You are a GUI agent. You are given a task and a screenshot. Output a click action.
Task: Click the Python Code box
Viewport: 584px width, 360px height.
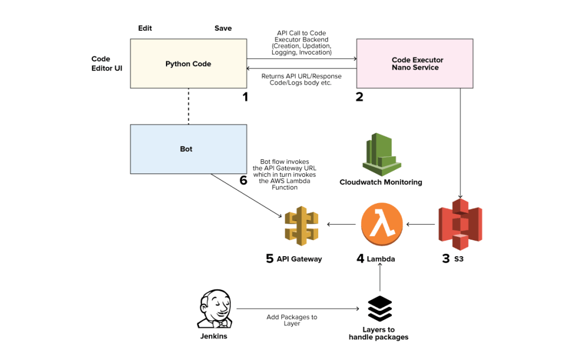tap(188, 63)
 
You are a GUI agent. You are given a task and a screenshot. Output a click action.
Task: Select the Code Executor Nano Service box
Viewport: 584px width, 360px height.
tap(415, 63)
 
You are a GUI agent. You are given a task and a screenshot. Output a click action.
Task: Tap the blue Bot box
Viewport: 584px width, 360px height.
tap(188, 149)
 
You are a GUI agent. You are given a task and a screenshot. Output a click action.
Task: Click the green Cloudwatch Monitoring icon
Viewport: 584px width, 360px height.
tap(380, 153)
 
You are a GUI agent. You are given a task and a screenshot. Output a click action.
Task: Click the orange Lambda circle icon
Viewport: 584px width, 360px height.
tap(382, 224)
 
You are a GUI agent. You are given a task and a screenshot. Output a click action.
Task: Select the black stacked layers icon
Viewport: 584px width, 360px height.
tap(379, 309)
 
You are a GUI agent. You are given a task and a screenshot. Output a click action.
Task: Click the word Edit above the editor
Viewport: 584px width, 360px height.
tap(145, 28)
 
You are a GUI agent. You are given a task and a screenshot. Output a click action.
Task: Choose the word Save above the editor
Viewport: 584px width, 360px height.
tap(223, 28)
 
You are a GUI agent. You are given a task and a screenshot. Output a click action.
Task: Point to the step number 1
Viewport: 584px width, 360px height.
tap(245, 97)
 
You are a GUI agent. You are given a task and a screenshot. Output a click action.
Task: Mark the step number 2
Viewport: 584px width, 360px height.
tap(359, 97)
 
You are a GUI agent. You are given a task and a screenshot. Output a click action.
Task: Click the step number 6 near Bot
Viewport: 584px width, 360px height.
tap(244, 181)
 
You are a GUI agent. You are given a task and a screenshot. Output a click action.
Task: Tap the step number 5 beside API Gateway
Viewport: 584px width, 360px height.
tap(270, 258)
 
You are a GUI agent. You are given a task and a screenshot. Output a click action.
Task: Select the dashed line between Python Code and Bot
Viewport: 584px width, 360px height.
tap(188, 106)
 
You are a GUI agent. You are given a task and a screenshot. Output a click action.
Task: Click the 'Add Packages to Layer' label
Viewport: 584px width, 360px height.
tap(291, 320)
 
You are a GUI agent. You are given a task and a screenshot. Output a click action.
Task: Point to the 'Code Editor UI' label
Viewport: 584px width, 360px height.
tap(107, 63)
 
